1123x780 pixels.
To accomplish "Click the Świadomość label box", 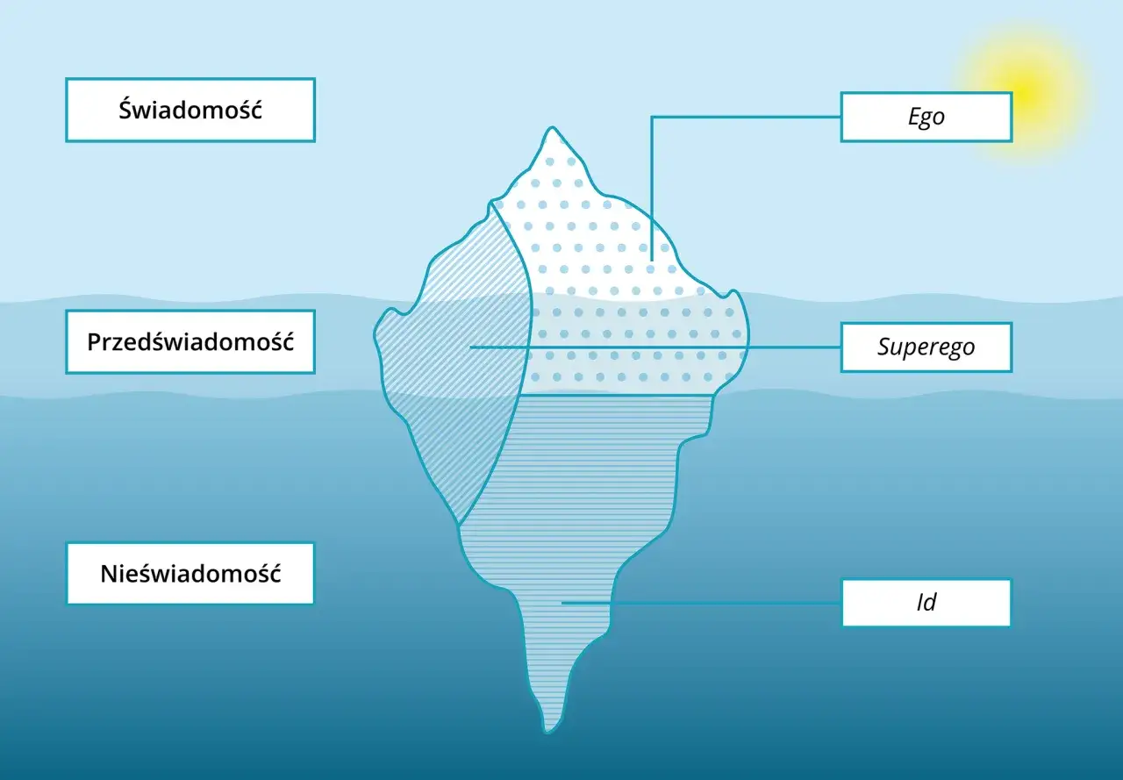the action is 190,110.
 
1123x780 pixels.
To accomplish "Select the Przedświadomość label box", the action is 190,342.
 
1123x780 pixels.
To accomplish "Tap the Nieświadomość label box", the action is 190,574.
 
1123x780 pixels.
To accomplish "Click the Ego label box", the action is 926,117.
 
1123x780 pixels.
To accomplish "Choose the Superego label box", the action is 926,347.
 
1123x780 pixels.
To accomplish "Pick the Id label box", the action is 926,603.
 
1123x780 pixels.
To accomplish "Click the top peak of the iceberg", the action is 552,127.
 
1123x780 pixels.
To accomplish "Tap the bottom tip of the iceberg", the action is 548,733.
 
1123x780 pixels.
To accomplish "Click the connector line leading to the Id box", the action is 701,603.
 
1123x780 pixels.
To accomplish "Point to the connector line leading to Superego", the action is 655,347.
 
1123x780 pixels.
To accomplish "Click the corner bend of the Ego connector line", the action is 652,117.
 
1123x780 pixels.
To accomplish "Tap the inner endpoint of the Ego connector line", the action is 652,261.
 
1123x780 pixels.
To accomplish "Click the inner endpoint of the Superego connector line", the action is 471,347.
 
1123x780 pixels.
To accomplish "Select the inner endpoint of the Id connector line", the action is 562,603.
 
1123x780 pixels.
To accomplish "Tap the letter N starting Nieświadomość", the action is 110,574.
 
